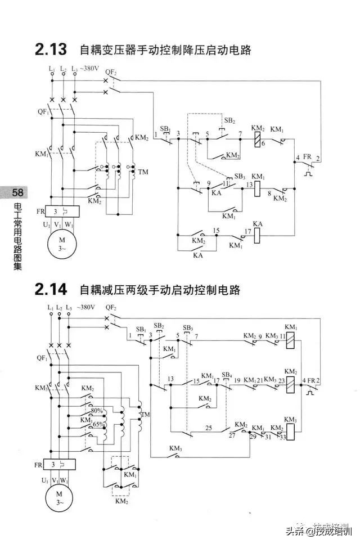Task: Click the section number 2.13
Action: (51, 50)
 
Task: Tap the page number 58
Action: (12, 194)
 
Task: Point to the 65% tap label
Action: (98, 424)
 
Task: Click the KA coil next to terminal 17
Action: (258, 236)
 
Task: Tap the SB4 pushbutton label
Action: (227, 375)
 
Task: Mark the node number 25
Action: (209, 429)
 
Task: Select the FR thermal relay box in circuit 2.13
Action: (62, 212)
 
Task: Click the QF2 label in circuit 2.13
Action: (111, 73)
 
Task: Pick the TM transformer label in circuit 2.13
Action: (143, 172)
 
